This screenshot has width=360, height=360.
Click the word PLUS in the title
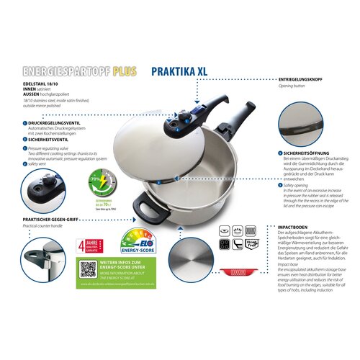(x=123, y=72)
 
